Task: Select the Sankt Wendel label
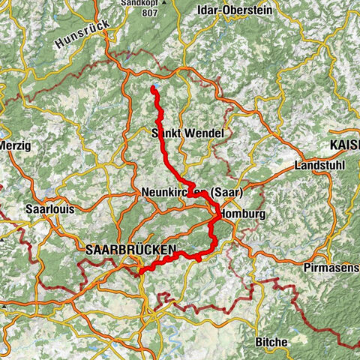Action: click(x=187, y=133)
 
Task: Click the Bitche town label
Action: click(x=271, y=342)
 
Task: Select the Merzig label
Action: click(x=15, y=145)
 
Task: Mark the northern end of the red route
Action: click(x=153, y=89)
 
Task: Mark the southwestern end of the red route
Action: click(x=140, y=273)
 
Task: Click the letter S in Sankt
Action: click(x=154, y=133)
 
